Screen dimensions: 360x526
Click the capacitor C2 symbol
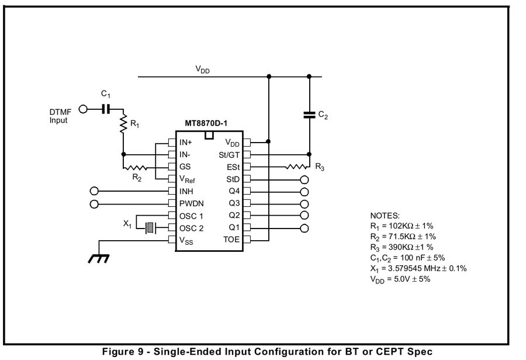click(309, 115)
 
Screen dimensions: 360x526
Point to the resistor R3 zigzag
click(297, 167)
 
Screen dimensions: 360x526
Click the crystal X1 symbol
click(150, 227)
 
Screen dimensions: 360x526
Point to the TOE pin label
click(231, 240)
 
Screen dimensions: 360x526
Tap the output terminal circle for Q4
click(304, 191)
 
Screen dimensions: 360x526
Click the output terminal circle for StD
click(304, 179)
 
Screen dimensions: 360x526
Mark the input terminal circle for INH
click(95, 191)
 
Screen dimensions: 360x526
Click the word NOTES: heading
click(385, 215)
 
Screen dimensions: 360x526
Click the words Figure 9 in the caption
click(123, 352)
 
